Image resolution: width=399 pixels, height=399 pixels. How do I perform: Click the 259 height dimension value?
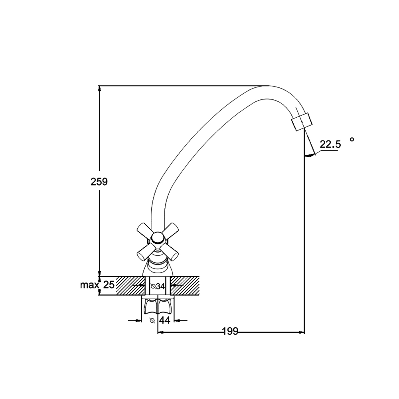[x=99, y=182]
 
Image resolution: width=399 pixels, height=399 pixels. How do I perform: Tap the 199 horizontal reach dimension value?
[x=230, y=331]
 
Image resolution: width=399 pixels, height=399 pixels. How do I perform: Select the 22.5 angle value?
[x=330, y=144]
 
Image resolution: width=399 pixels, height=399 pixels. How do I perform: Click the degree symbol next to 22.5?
[x=352, y=139]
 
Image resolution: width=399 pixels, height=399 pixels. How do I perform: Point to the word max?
[x=89, y=285]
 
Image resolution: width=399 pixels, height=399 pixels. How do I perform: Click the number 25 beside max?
[x=109, y=285]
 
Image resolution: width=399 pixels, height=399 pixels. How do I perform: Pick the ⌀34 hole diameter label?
[x=158, y=286]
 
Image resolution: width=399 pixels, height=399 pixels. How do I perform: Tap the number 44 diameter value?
[x=164, y=320]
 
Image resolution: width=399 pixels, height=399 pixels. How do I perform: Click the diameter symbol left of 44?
[x=152, y=321]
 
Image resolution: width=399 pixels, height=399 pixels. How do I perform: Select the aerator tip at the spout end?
[x=302, y=122]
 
